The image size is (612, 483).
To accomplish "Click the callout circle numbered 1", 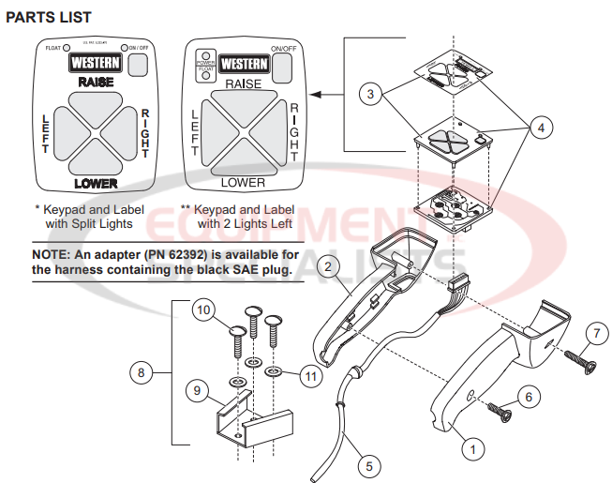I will pos(473,449).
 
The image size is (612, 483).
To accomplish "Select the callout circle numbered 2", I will pos(327,267).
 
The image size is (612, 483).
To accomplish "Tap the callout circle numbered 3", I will pos(372,95).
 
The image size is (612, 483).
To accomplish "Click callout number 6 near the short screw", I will pos(530,398).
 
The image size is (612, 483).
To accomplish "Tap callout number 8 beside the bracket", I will pos(142,373).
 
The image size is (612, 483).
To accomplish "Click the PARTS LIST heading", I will pos(49,18).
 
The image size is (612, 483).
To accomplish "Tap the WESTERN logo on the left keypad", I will pos(96,63).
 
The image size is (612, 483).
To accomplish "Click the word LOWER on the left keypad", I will pos(96,183).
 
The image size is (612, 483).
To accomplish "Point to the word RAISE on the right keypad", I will pos(242,84).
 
